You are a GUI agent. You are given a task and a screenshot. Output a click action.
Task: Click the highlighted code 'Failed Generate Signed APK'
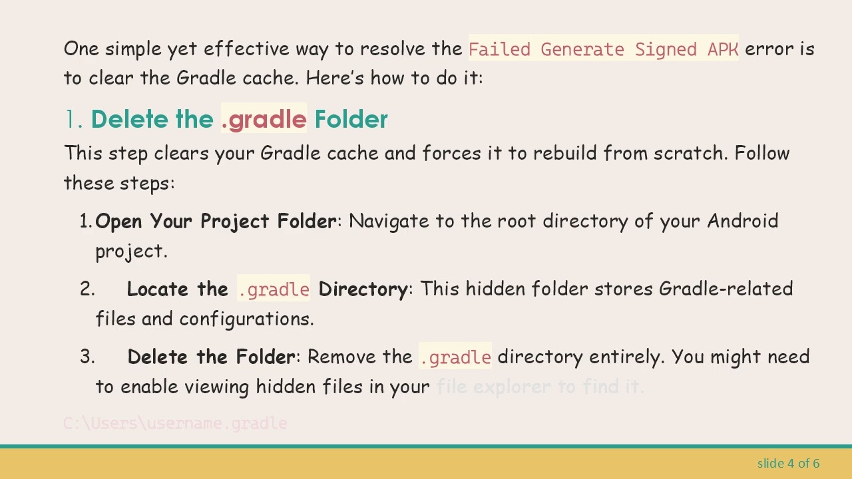coord(603,49)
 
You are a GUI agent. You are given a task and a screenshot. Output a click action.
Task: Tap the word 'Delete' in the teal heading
coord(130,120)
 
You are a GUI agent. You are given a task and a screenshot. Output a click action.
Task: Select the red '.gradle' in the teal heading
coord(264,120)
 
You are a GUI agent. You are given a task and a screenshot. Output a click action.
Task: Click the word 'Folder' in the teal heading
coord(351,120)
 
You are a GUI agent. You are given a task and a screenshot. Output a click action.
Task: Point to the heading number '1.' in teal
coord(73,120)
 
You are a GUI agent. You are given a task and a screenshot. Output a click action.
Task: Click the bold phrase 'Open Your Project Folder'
coord(216,222)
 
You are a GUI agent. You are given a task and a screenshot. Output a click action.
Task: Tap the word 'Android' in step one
coord(742,221)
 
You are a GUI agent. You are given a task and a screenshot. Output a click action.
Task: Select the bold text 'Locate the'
coord(177,289)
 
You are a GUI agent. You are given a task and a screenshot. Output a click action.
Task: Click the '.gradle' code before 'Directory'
coord(274,289)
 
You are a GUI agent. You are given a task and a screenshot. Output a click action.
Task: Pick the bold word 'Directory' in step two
coord(363,289)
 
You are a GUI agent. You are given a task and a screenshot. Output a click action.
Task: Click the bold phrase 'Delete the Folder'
coord(211,357)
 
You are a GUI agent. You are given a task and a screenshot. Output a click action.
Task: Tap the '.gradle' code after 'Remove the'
coord(455,357)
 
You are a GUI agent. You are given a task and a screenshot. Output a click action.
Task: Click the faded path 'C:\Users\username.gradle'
coord(175,424)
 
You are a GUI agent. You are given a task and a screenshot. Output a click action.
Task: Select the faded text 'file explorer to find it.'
coord(540,387)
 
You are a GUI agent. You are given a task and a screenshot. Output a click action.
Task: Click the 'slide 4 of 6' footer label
coord(788,463)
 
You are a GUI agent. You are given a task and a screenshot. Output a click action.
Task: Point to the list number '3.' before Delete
coord(88,357)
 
